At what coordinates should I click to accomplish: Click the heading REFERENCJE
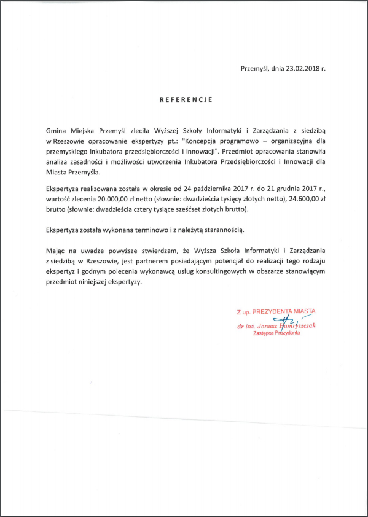[x=186, y=98]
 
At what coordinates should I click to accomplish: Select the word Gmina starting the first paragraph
[x=57, y=131]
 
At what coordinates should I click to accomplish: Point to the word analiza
[x=58, y=162]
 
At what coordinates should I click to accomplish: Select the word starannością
[x=223, y=230]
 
